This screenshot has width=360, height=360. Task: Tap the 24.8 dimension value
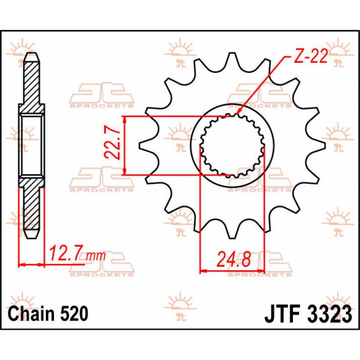[232, 259]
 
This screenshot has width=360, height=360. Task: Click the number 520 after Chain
[74, 313]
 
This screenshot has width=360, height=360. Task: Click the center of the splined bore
[232, 146]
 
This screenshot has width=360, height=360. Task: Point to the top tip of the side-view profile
[31, 53]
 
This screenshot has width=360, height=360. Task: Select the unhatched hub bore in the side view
[31, 145]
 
